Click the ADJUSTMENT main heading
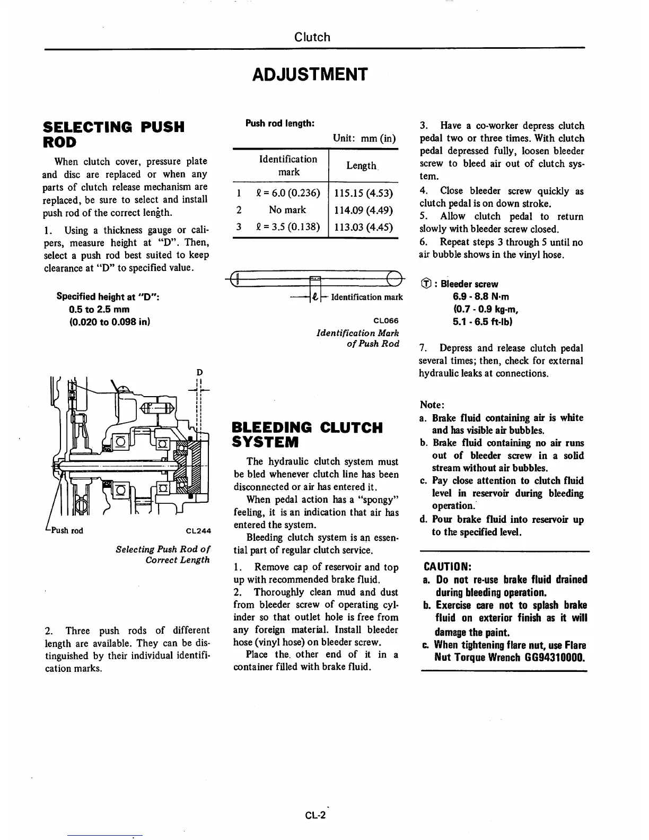point(310,74)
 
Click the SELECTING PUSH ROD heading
point(113,134)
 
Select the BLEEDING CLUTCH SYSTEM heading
point(308,434)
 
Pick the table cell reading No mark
point(287,209)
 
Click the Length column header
point(361,166)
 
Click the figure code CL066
point(386,320)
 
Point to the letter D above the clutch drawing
point(200,372)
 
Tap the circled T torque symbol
point(424,284)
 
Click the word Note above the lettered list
point(432,405)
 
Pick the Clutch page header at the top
point(312,37)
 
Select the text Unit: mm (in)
point(364,138)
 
